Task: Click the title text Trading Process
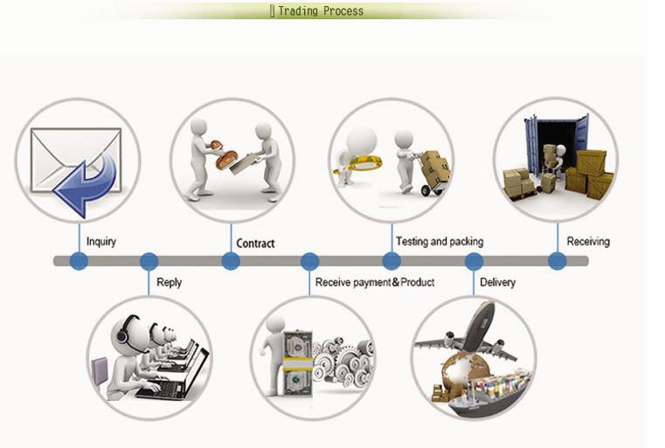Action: [x=321, y=10]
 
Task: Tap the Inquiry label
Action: [x=101, y=242]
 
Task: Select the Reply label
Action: [x=170, y=283]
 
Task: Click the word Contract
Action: [x=255, y=244]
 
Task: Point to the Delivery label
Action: [x=497, y=282]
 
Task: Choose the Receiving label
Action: [x=588, y=242]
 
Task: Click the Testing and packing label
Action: [x=440, y=242]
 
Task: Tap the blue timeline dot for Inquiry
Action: [x=79, y=261]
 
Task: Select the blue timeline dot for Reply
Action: [x=149, y=261]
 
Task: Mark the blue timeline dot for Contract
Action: [x=231, y=261]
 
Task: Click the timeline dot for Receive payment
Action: [x=309, y=261]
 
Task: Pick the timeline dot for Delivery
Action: [x=474, y=261]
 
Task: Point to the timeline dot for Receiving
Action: [x=558, y=261]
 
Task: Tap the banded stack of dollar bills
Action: [x=298, y=363]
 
